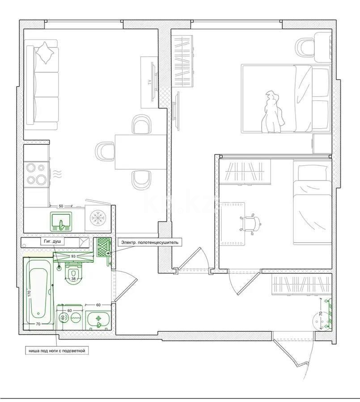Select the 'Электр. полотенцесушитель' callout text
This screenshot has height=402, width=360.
tap(149, 242)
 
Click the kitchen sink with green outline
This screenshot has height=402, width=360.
tap(60, 221)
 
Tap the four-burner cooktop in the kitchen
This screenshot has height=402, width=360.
tap(36, 174)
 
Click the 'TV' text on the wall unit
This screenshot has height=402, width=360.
tap(148, 82)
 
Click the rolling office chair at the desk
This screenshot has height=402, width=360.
tap(249, 222)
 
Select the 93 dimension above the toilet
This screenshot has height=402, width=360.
tap(73, 256)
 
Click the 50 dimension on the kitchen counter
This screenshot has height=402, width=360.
tap(61, 206)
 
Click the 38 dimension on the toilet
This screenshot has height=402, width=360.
tap(73, 279)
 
